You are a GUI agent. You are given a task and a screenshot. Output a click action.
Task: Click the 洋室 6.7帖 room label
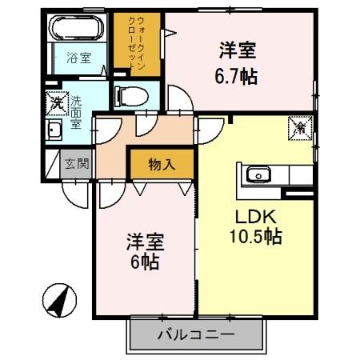(238, 62)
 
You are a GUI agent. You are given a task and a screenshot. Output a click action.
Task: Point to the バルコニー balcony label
(195, 334)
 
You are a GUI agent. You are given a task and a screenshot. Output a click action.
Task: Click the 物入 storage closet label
(162, 164)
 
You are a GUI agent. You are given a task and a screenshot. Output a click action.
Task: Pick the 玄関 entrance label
(78, 164)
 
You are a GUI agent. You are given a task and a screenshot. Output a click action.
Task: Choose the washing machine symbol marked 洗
(57, 103)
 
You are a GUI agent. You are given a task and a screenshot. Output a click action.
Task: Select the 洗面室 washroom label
(77, 108)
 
